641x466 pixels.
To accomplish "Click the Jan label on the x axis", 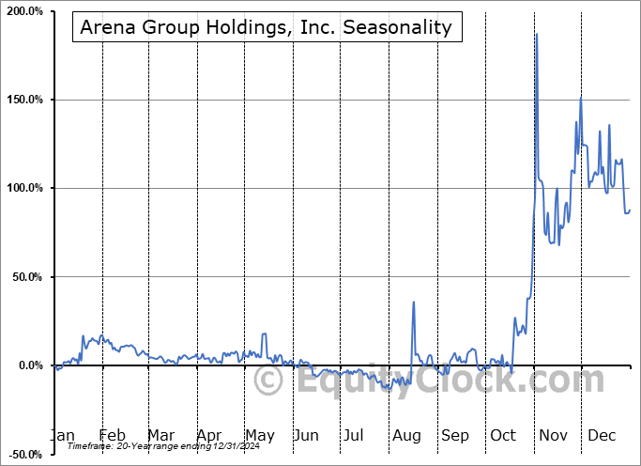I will pos(61,435).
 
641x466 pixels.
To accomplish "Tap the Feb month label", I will pos(112,435).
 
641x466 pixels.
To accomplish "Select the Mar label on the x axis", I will pos(160,435).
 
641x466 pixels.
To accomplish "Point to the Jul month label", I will pos(354,435).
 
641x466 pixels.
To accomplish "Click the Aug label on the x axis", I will pos(406,435).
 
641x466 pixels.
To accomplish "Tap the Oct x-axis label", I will pos(503,435).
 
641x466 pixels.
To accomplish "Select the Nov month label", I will pos(554,435).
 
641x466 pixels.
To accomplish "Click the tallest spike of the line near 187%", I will pos(536,35).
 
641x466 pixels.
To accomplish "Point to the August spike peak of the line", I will pos(413,303).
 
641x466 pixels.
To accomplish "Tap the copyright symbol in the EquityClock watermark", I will pos(269,381).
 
